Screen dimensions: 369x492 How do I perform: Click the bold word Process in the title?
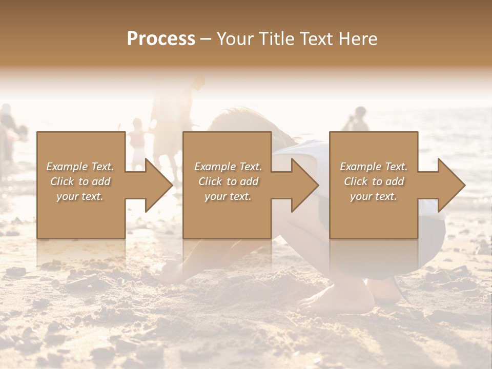161,38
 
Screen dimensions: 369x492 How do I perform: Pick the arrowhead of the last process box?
452,185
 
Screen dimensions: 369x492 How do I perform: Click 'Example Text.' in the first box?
80,167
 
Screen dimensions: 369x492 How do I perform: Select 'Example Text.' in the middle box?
228,167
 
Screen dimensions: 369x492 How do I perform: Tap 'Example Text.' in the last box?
374,167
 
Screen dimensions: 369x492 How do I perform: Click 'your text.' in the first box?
80,196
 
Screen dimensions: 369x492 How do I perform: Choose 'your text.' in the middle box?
228,196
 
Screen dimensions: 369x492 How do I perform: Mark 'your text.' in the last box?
374,196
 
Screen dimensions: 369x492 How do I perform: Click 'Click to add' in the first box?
80,181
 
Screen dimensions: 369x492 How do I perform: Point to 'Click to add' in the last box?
374,181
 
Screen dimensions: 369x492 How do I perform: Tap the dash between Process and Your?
206,39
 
